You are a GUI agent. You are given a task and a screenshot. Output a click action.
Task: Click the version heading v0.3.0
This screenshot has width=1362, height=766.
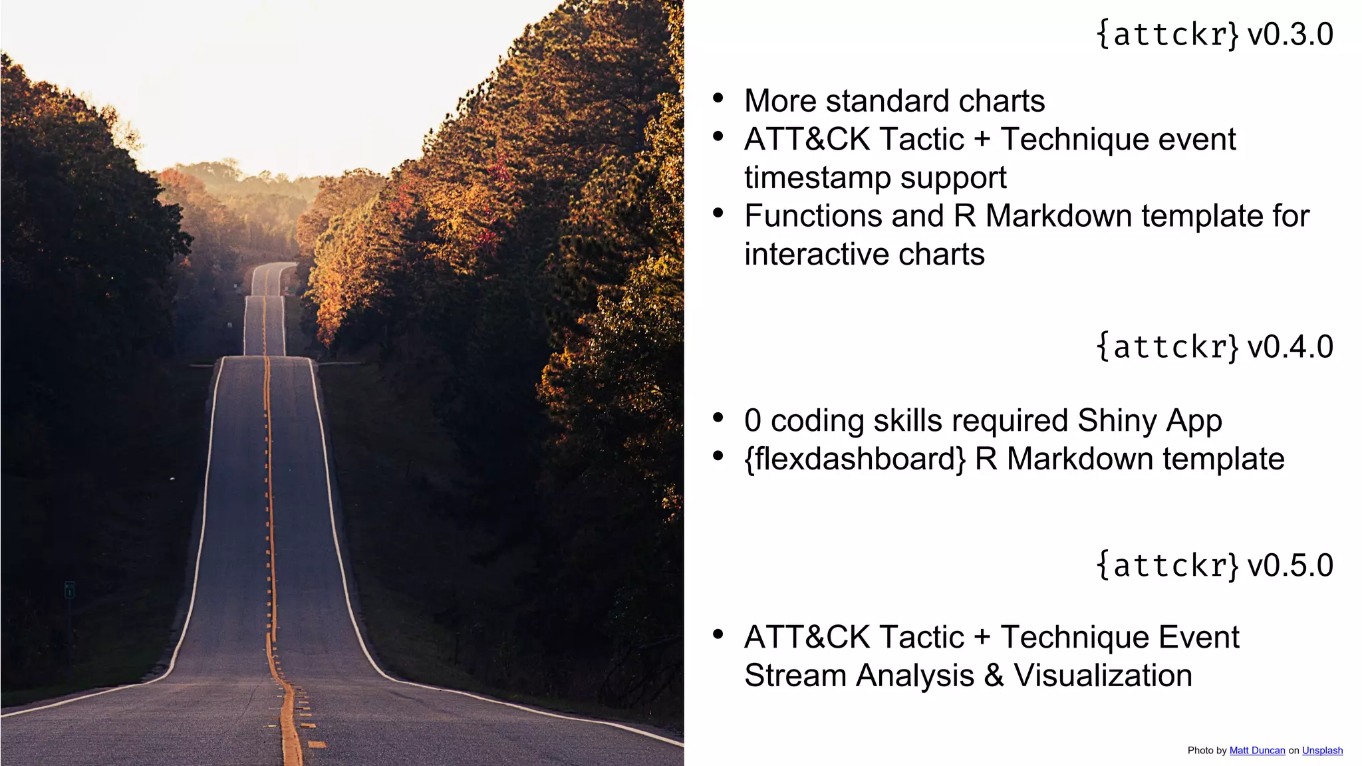click(x=1214, y=34)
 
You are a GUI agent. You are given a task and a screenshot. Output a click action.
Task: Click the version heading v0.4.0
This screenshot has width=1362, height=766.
click(x=1214, y=346)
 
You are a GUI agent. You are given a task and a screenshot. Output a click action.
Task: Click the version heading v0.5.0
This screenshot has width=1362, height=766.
click(x=1214, y=565)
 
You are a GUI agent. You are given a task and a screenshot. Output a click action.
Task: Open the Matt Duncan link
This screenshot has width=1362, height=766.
click(x=1257, y=750)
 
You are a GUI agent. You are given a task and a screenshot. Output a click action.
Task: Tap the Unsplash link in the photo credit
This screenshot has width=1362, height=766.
click(x=1322, y=750)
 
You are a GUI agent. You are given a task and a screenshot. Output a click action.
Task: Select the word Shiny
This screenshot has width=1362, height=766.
click(x=1117, y=421)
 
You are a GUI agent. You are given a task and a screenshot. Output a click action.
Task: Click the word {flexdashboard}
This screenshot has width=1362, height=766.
click(x=855, y=459)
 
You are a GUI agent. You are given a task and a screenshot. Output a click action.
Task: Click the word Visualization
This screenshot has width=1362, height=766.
click(x=1103, y=676)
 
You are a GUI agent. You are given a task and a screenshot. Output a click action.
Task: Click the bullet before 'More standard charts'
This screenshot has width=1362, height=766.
click(x=718, y=98)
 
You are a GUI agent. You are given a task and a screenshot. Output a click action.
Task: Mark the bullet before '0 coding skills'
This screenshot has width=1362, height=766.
click(x=718, y=418)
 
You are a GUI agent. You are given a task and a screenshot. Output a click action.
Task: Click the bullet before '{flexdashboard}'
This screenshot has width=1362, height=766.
click(x=718, y=456)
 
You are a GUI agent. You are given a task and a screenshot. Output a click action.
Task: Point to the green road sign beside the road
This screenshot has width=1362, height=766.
click(x=69, y=590)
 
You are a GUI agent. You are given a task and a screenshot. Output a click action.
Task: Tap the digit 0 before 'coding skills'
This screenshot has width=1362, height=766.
click(x=753, y=421)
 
